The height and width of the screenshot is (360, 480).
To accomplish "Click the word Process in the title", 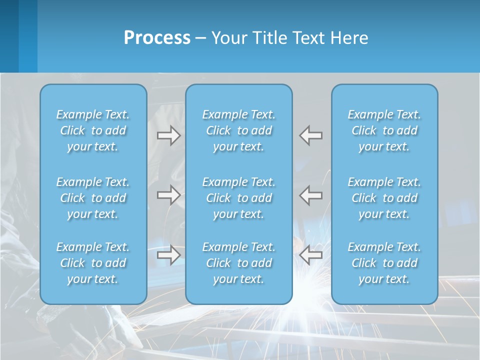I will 157,38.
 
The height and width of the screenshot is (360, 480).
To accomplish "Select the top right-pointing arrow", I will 168,135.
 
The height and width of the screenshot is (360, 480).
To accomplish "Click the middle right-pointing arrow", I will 168,195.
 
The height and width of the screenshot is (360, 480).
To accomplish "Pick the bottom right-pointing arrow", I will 168,255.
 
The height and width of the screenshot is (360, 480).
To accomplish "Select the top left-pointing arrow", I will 310,135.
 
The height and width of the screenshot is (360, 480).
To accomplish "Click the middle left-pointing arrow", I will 310,195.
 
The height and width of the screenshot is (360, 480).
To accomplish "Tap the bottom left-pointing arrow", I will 310,255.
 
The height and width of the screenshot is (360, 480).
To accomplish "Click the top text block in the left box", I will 93,130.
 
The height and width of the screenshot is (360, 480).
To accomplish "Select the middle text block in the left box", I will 93,198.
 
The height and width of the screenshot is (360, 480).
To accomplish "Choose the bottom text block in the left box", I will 93,263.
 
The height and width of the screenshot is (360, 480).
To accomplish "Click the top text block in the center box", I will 238,130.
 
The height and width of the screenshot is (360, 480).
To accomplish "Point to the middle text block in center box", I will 238,198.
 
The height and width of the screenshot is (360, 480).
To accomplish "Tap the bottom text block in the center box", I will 238,263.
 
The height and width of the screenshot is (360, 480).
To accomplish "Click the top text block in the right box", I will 384,130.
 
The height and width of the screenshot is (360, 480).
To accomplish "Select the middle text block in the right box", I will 384,198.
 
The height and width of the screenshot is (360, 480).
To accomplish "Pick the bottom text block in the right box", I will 384,263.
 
